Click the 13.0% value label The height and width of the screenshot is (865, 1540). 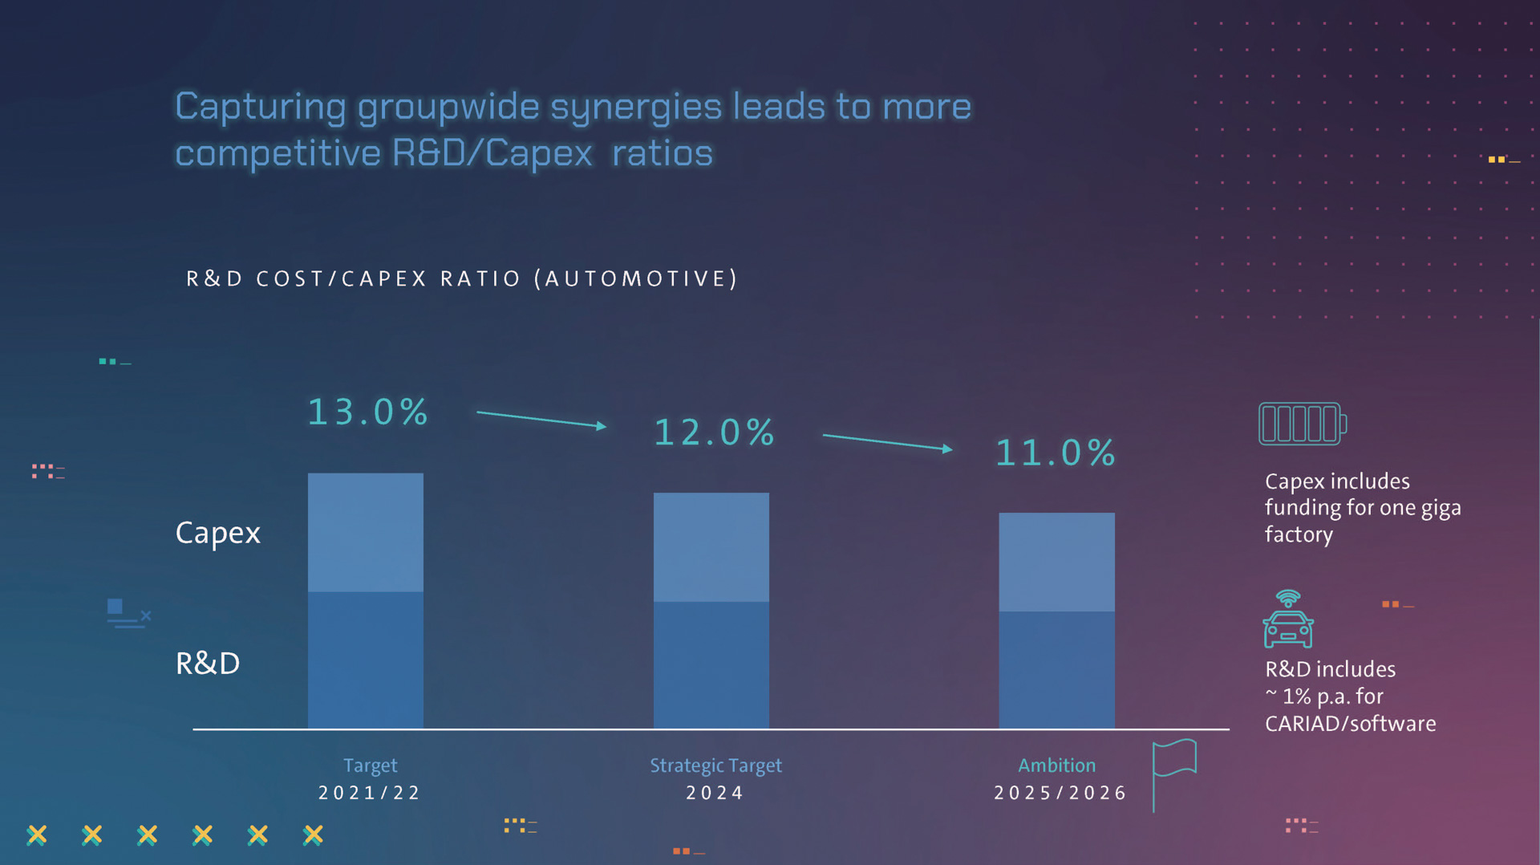[x=368, y=412]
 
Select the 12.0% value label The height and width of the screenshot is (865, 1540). [x=714, y=433]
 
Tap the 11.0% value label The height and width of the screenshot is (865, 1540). [x=1055, y=453]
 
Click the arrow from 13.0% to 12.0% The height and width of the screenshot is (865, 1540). [x=541, y=419]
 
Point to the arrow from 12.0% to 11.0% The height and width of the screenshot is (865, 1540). [x=887, y=442]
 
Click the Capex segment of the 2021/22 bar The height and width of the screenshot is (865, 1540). [x=366, y=532]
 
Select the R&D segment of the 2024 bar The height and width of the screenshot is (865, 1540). [x=711, y=664]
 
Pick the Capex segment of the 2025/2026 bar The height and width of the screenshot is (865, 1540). [x=1056, y=562]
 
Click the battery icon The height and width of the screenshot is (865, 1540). [x=1302, y=424]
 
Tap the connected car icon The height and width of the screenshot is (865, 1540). [x=1287, y=620]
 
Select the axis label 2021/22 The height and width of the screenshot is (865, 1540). [x=370, y=793]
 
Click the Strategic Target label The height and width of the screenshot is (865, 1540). [x=715, y=766]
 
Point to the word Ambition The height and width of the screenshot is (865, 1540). [x=1056, y=766]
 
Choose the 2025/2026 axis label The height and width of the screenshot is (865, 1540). [x=1060, y=793]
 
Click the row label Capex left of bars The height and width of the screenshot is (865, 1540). [x=218, y=533]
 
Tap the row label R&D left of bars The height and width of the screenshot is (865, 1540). [x=208, y=664]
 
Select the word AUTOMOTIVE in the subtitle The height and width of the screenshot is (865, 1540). [x=640, y=278]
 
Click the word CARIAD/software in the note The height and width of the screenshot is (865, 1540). [x=1350, y=724]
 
